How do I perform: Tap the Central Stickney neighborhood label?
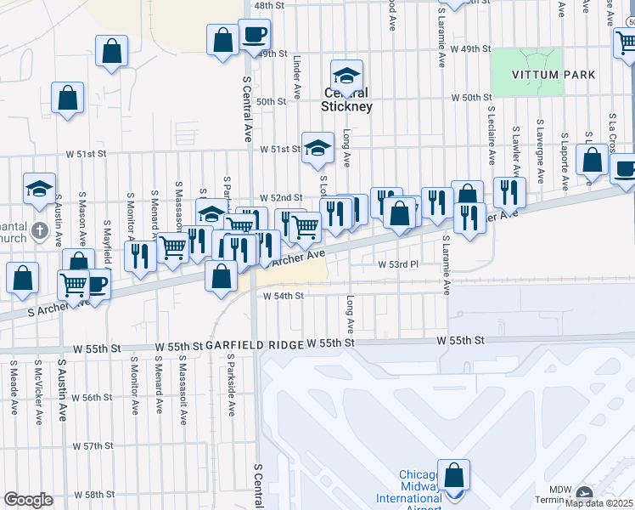[346, 99]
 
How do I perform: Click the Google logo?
[28, 500]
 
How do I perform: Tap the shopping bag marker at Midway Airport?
[455, 476]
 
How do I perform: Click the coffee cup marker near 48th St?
[253, 35]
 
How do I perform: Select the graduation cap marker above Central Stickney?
[346, 75]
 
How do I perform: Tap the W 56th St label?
[92, 398]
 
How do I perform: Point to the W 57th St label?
[93, 446]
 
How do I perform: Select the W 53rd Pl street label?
[398, 264]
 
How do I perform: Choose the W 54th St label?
[283, 296]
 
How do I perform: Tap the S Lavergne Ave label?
[540, 153]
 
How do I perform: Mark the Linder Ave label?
[297, 79]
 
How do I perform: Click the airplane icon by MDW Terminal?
[584, 493]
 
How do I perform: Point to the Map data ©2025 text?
[599, 503]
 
